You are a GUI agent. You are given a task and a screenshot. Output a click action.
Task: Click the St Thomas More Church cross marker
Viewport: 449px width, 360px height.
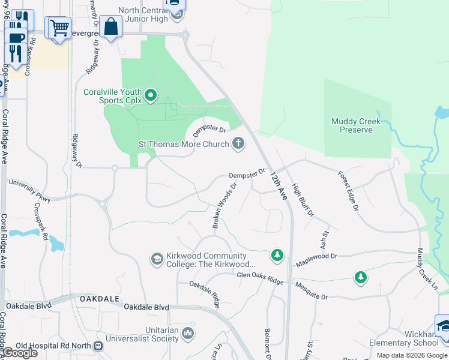click(238, 143)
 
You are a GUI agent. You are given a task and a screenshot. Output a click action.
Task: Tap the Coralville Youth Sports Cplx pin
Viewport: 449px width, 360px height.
click(150, 95)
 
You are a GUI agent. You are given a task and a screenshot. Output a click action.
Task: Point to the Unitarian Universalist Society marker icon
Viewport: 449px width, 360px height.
click(188, 333)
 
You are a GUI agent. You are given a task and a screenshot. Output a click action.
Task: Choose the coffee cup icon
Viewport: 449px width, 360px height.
click(16, 37)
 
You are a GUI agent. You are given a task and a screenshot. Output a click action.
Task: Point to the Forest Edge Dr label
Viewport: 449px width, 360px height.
click(348, 191)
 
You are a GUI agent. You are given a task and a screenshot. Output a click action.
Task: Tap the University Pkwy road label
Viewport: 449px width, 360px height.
click(29, 188)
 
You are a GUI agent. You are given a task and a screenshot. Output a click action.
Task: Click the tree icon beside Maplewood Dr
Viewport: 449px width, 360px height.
click(277, 256)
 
